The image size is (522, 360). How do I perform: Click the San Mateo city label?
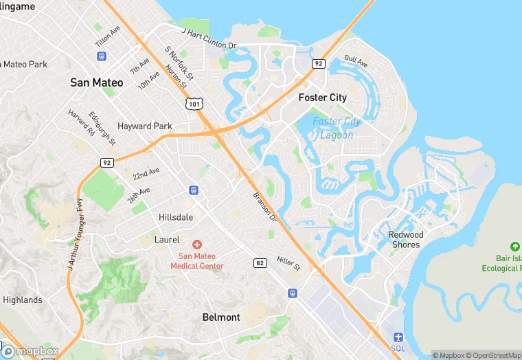point(97,82)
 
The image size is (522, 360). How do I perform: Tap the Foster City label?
point(322,98)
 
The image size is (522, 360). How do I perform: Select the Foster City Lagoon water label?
point(337,128)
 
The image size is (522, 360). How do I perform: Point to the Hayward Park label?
point(144,126)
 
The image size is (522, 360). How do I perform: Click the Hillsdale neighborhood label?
point(176,216)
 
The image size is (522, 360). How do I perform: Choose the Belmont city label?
point(221,317)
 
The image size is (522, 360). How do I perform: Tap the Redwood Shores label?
point(406,239)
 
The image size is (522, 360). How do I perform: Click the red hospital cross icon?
point(196,245)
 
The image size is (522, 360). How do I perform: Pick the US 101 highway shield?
point(192,102)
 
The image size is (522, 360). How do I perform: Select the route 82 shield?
point(260,262)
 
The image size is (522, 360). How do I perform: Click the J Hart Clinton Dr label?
point(209,38)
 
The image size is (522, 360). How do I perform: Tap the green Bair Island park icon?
point(514,247)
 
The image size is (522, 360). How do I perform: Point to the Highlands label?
point(22,300)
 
